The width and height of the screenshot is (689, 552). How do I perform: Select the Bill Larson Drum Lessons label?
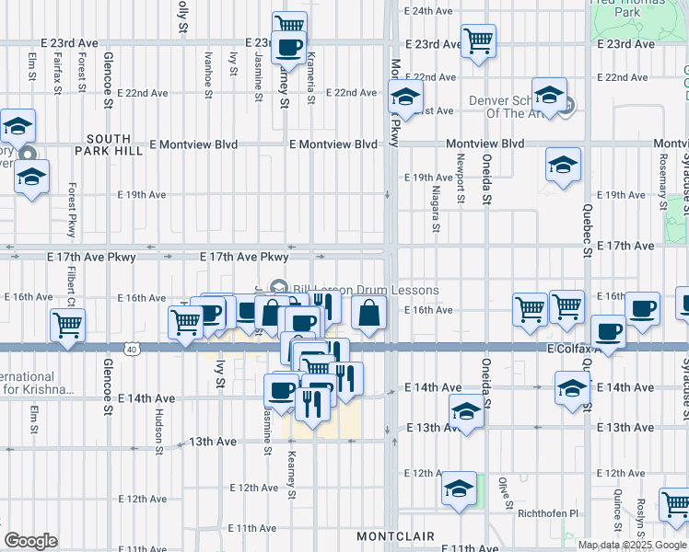367,290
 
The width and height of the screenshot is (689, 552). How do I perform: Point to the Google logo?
30,541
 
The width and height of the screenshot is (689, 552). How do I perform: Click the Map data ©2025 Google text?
633,545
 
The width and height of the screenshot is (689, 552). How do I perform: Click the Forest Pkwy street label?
71,211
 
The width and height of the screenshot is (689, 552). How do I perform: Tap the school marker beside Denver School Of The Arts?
549,98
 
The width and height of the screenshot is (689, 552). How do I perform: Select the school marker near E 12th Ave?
458,489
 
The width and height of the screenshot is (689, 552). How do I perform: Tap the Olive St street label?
505,492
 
